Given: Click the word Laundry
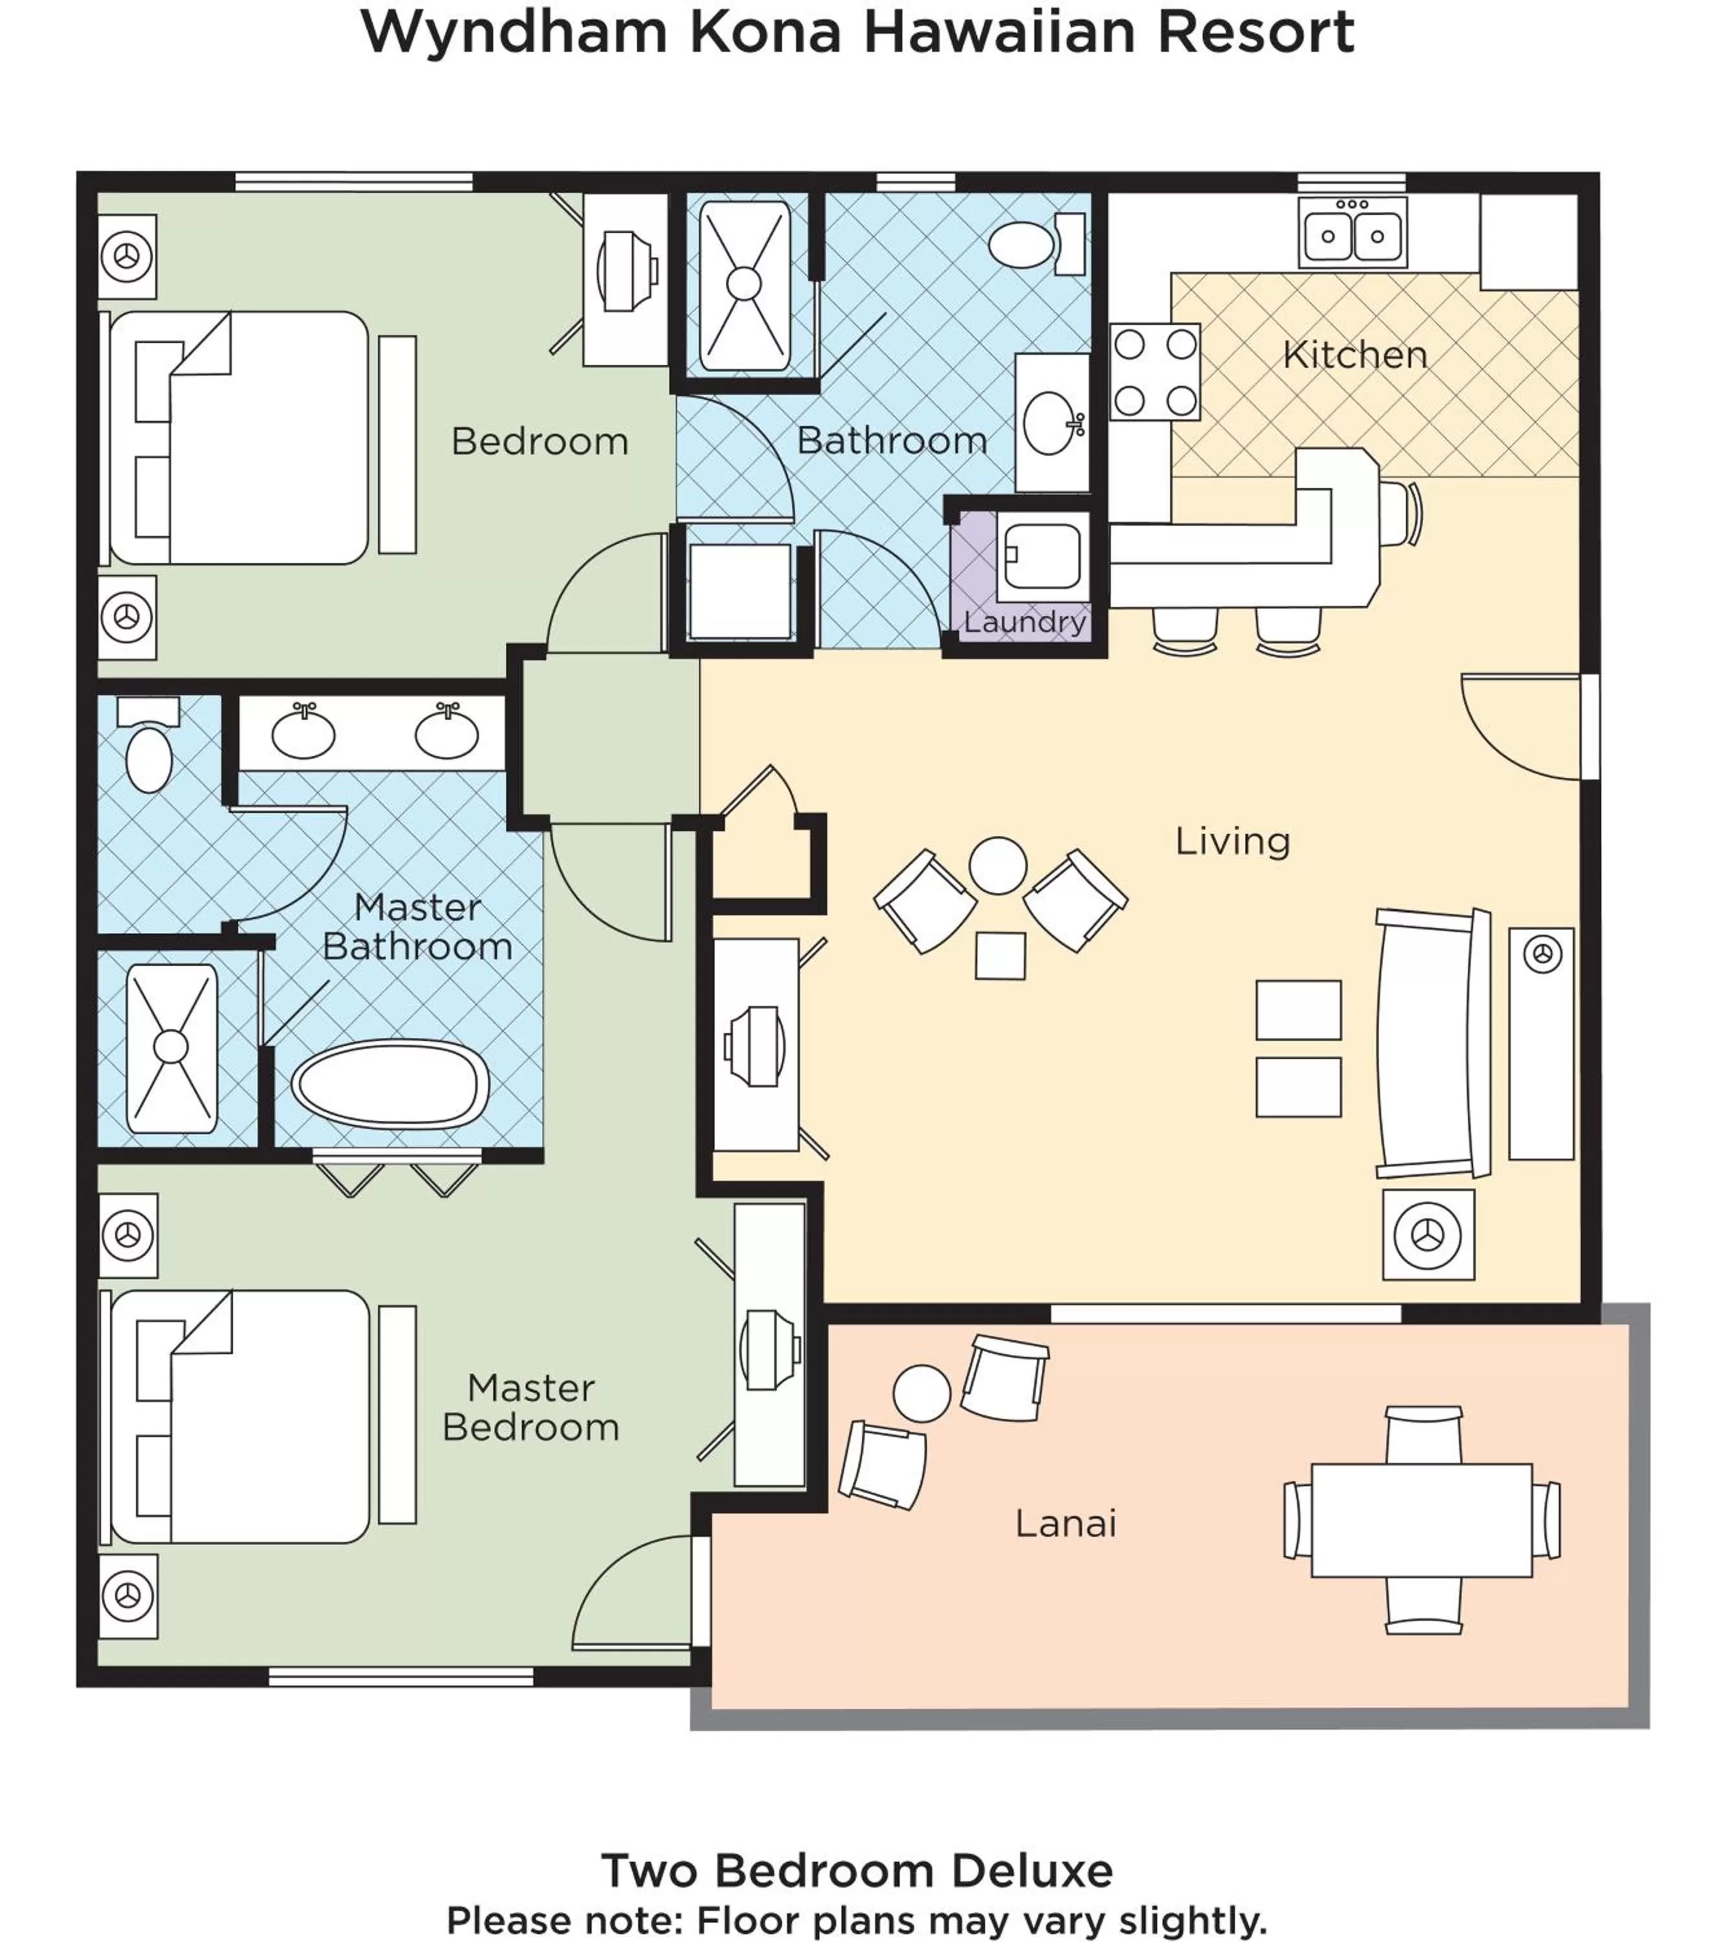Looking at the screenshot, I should point(1024,621).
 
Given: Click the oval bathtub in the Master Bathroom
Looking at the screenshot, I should point(390,1084).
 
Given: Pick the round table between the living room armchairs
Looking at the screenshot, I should point(997,865).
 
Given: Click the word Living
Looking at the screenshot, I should point(1232,841).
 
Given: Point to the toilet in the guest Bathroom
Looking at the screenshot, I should point(1024,244).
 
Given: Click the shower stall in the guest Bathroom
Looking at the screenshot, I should point(744,284).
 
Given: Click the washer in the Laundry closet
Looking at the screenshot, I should point(1042,557).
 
